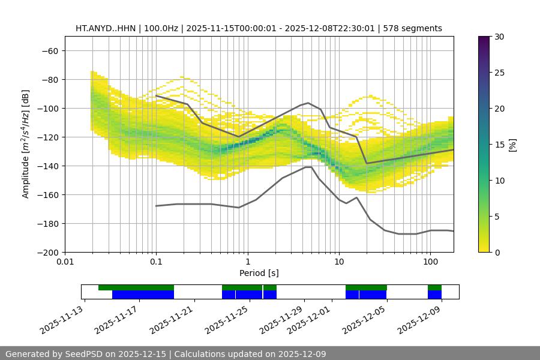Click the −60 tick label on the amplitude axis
49,50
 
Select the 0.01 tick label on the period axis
65,262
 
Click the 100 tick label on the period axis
430,262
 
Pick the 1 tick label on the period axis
247,262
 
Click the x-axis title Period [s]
259,273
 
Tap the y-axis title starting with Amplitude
26,144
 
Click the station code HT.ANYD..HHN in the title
106,28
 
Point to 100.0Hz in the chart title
161,28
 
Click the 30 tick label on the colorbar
499,37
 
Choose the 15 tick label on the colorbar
499,145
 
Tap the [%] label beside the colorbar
512,145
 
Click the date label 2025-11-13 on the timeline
63,320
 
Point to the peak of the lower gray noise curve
308,167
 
